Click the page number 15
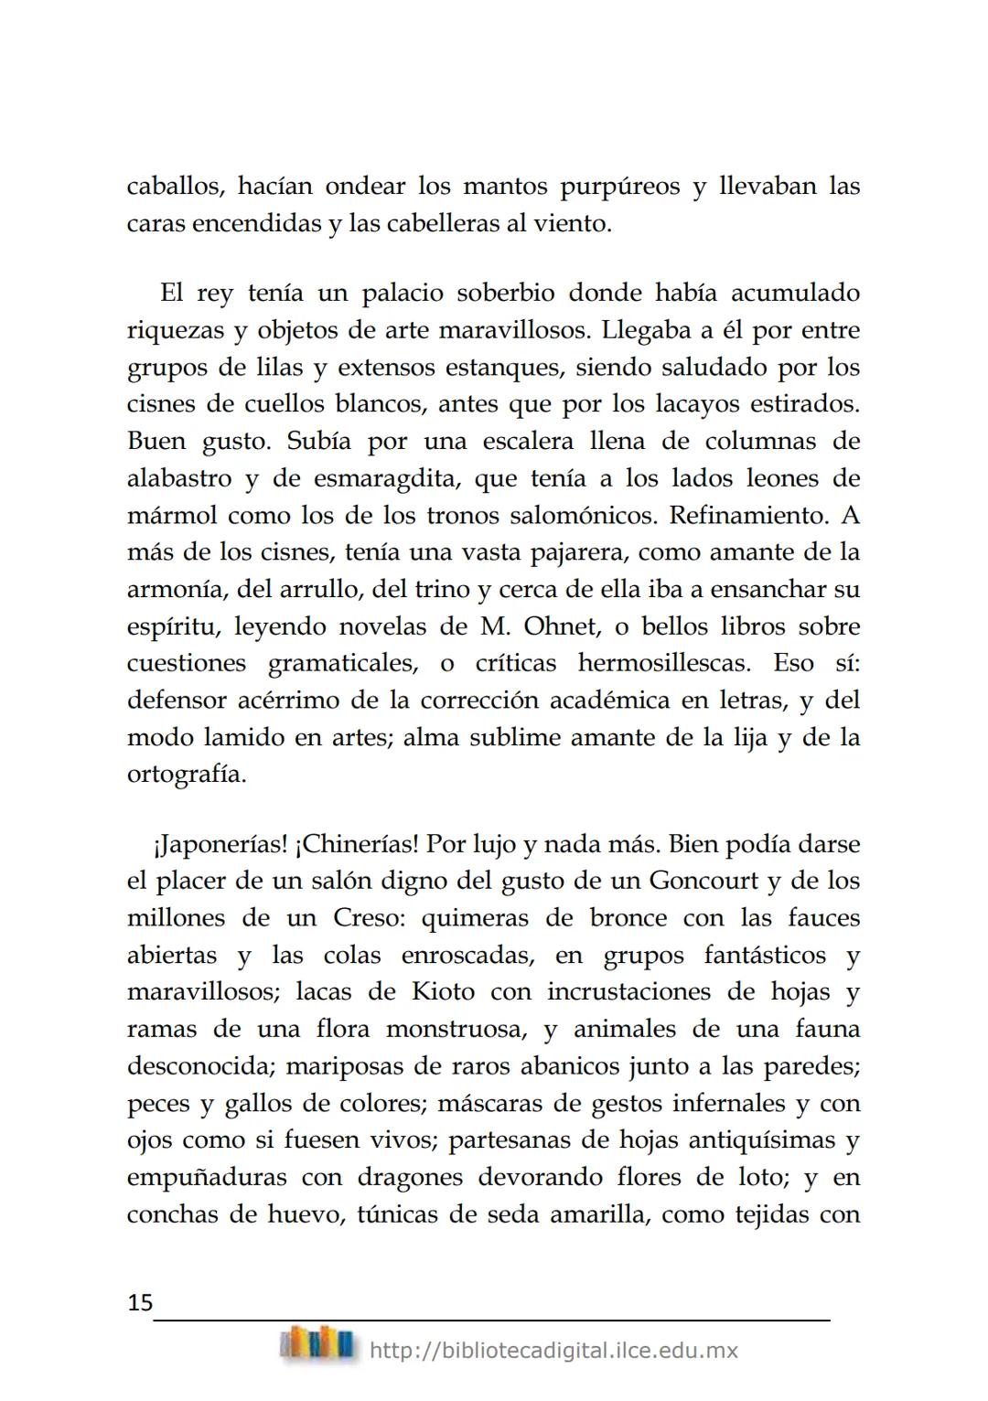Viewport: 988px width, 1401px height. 140,1302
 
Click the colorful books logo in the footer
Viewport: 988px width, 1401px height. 317,1344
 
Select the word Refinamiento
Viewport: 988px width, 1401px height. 749,516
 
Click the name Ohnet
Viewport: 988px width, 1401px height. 558,627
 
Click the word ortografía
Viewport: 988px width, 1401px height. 187,775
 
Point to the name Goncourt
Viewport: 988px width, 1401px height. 704,882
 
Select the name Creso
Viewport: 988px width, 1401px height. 365,918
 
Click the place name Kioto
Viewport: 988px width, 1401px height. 443,992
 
